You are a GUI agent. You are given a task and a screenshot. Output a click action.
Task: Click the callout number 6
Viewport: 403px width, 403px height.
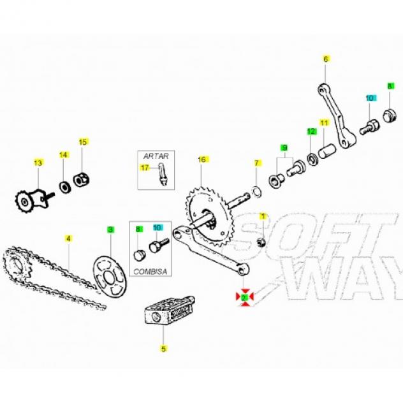click(x=326, y=59)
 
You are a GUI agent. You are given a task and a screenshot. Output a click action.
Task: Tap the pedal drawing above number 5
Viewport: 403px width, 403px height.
click(x=170, y=310)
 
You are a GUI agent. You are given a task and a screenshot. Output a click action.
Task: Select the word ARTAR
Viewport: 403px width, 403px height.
click(x=156, y=156)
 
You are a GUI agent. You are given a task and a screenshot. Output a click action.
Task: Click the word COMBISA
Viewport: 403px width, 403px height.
click(x=150, y=272)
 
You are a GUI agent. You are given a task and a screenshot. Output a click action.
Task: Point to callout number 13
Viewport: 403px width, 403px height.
click(x=38, y=163)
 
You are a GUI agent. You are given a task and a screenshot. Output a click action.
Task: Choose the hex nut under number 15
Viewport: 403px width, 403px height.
click(x=81, y=180)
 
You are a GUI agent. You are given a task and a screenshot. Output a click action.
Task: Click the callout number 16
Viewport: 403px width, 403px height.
click(x=202, y=159)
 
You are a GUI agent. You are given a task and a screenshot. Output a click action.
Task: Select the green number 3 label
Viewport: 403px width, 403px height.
click(x=110, y=230)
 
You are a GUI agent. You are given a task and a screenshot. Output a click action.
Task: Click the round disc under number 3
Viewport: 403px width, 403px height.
click(x=110, y=276)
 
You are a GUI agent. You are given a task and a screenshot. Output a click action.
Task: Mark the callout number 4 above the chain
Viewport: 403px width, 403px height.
click(x=68, y=238)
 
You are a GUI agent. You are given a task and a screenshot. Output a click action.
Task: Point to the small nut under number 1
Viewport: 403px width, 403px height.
click(x=261, y=242)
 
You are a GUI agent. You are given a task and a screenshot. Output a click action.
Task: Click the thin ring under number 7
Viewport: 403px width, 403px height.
click(x=256, y=192)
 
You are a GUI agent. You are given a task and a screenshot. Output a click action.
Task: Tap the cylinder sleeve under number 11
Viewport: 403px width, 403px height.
click(x=327, y=151)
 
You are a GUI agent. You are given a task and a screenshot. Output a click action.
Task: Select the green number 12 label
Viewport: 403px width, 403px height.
click(x=311, y=131)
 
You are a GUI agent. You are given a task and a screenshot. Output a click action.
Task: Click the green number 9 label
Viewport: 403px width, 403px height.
click(x=284, y=148)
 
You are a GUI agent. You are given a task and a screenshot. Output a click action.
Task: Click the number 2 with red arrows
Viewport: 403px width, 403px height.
click(x=244, y=297)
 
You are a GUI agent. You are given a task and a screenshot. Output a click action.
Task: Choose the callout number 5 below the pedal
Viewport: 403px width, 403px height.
click(x=163, y=349)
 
